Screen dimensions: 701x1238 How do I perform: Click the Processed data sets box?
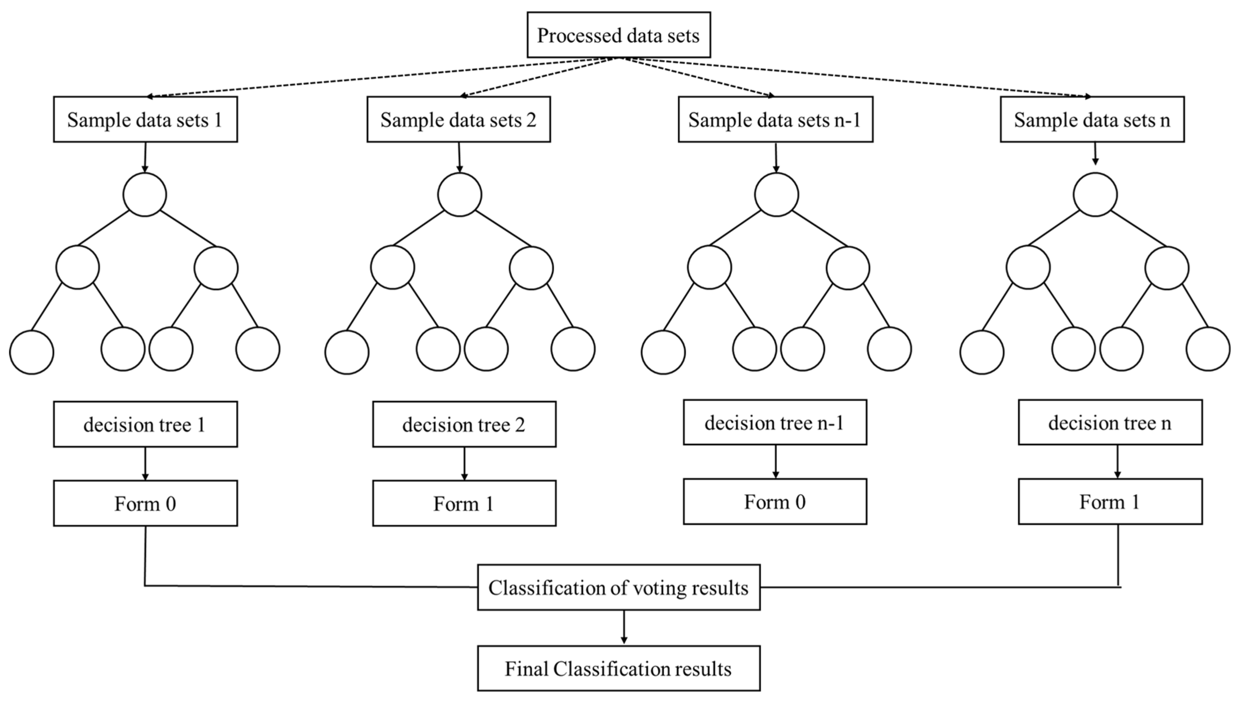(x=618, y=35)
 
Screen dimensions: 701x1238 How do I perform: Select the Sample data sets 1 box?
(x=145, y=119)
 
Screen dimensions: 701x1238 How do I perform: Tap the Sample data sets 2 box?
(x=459, y=119)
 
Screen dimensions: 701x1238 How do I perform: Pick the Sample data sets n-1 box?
(x=775, y=119)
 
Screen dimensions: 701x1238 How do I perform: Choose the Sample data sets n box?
(x=1092, y=119)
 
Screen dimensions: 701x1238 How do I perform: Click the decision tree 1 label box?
(x=145, y=424)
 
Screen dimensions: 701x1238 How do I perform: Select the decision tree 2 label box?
(x=464, y=424)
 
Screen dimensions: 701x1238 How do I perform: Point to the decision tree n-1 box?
(x=775, y=422)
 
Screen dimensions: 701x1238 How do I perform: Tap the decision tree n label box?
(x=1110, y=422)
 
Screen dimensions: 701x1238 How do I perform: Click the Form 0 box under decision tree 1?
(x=145, y=503)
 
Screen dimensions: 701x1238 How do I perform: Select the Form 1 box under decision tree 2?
(x=464, y=503)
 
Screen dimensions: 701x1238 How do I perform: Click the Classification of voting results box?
(x=619, y=587)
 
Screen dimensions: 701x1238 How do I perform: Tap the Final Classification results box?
(x=619, y=668)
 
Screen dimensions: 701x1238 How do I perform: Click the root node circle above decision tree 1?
(x=145, y=194)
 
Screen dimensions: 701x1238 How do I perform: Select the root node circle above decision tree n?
(x=1095, y=194)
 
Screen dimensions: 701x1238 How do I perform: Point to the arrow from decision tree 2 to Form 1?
(x=464, y=463)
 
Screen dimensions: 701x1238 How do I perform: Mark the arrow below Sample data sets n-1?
(x=776, y=157)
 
